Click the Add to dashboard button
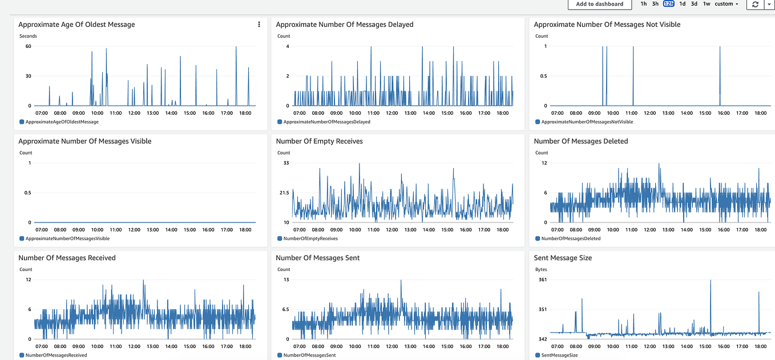[x=599, y=4]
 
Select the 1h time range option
[x=644, y=4]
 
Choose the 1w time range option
[x=707, y=4]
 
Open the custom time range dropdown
[x=726, y=4]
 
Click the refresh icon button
[x=755, y=4]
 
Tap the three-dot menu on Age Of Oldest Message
[x=259, y=25]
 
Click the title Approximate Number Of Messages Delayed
[x=345, y=25]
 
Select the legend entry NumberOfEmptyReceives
[x=310, y=238]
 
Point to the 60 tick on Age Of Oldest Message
[x=28, y=46]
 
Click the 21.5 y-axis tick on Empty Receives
[x=283, y=193]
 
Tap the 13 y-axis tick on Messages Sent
[x=286, y=280]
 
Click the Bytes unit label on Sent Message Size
[x=542, y=269]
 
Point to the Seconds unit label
[x=28, y=36]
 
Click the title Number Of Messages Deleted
[x=581, y=141]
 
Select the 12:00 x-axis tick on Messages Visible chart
[x=134, y=230]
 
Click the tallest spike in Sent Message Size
[x=711, y=281]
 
